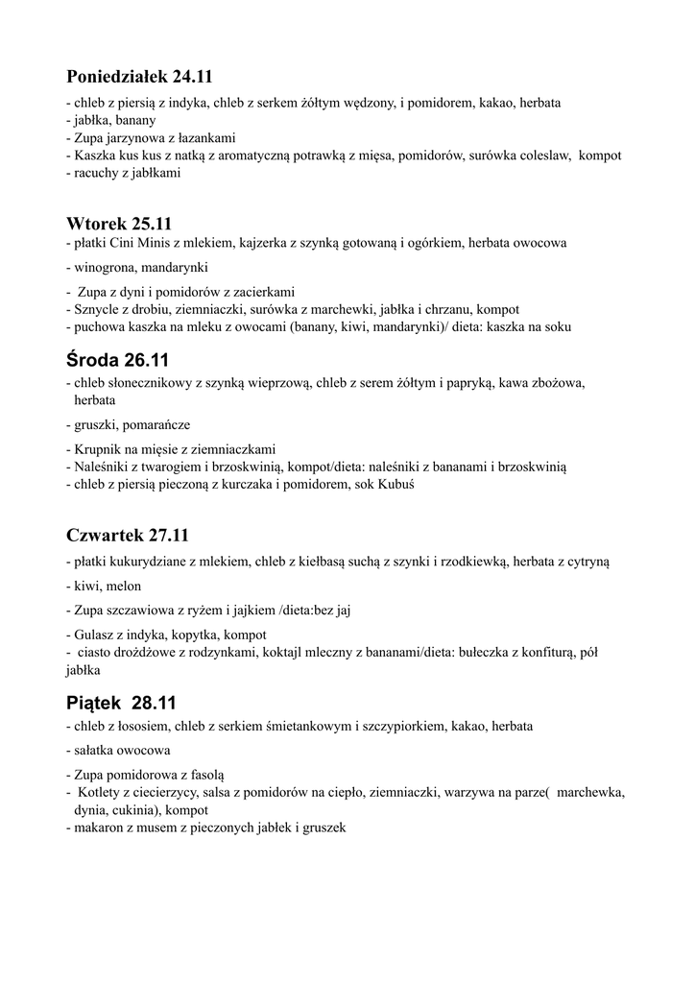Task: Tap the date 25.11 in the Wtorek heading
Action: [x=152, y=224]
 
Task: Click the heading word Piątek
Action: [x=96, y=703]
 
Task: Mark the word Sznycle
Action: [x=95, y=310]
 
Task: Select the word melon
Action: [x=124, y=586]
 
